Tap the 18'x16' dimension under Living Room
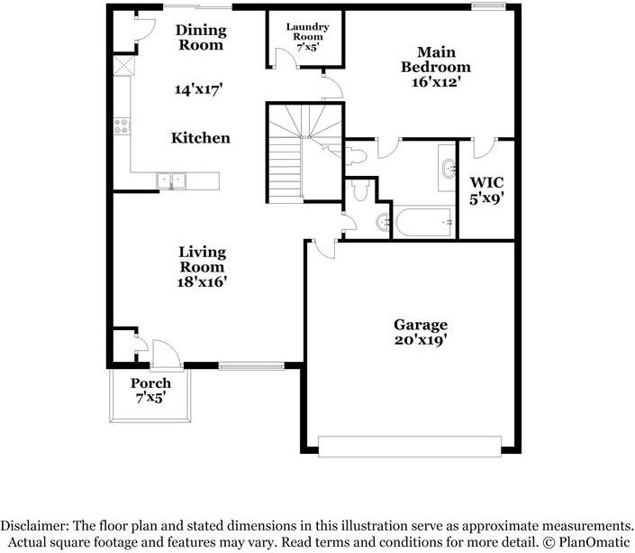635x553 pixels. point(202,281)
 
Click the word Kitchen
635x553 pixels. point(201,138)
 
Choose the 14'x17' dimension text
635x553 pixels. point(198,89)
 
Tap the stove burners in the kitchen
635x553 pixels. point(122,127)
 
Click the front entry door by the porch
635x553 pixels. point(166,354)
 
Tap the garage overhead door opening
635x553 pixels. point(410,447)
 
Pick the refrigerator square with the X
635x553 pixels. point(121,68)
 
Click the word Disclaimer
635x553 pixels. point(37,524)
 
